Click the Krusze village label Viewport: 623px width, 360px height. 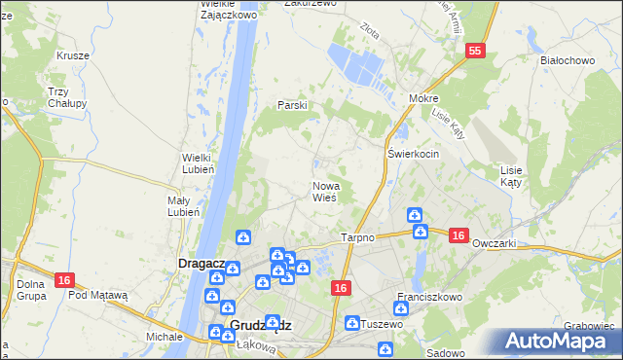click(73, 55)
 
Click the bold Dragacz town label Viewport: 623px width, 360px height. click(202, 264)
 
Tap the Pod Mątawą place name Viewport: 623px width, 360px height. click(98, 294)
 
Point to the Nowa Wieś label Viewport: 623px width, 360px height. click(325, 191)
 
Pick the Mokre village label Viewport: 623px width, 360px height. click(423, 99)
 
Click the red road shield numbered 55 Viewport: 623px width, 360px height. click(475, 51)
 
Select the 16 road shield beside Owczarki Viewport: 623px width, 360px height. click(459, 235)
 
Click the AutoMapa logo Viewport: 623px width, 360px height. click(561, 342)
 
